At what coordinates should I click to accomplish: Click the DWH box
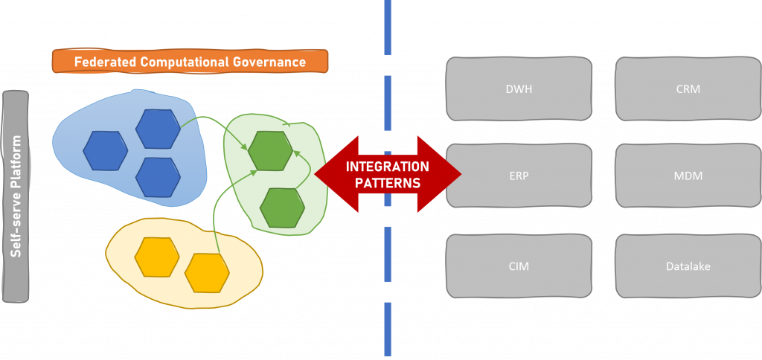[519, 89]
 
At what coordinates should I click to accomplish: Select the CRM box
[688, 89]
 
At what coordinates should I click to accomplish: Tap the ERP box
[519, 176]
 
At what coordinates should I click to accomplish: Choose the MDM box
[688, 176]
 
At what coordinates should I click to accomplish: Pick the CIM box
[519, 266]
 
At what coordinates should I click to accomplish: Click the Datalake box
[688, 266]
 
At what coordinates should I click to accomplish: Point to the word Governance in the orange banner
[269, 62]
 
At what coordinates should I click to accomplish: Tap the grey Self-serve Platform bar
[16, 196]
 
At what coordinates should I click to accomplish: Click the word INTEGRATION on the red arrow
[388, 167]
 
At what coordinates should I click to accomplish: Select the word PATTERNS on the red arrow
[388, 182]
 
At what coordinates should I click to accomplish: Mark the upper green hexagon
[270, 150]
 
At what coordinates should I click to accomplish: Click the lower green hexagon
[282, 208]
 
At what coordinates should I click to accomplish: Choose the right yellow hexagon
[207, 273]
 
